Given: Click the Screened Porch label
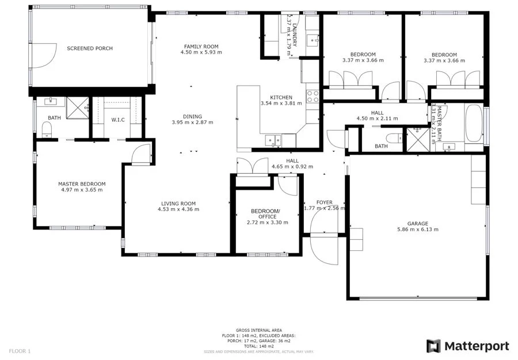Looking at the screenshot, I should [89, 48].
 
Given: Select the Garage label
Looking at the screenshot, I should [418, 223].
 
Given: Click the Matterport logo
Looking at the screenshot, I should [467, 346].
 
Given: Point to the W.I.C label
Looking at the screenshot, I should [119, 120].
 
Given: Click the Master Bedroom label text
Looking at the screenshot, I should [82, 184].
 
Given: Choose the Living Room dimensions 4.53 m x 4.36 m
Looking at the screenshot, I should [178, 209].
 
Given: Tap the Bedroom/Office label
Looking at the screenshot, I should [267, 213].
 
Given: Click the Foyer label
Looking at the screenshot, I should [325, 202].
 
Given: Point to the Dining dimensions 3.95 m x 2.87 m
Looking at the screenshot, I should [192, 122].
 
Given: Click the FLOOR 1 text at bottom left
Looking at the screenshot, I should [20, 351].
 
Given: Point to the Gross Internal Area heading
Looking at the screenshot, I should [258, 330].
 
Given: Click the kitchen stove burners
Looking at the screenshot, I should [314, 96].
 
